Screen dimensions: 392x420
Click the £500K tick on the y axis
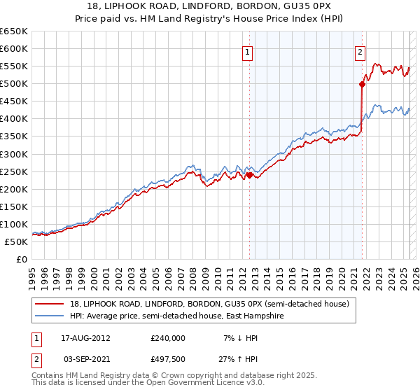14,84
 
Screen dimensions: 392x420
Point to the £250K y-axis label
14,171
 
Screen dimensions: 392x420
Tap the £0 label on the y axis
22,259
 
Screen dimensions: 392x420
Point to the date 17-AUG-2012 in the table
85,337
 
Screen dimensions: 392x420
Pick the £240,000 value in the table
167,337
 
